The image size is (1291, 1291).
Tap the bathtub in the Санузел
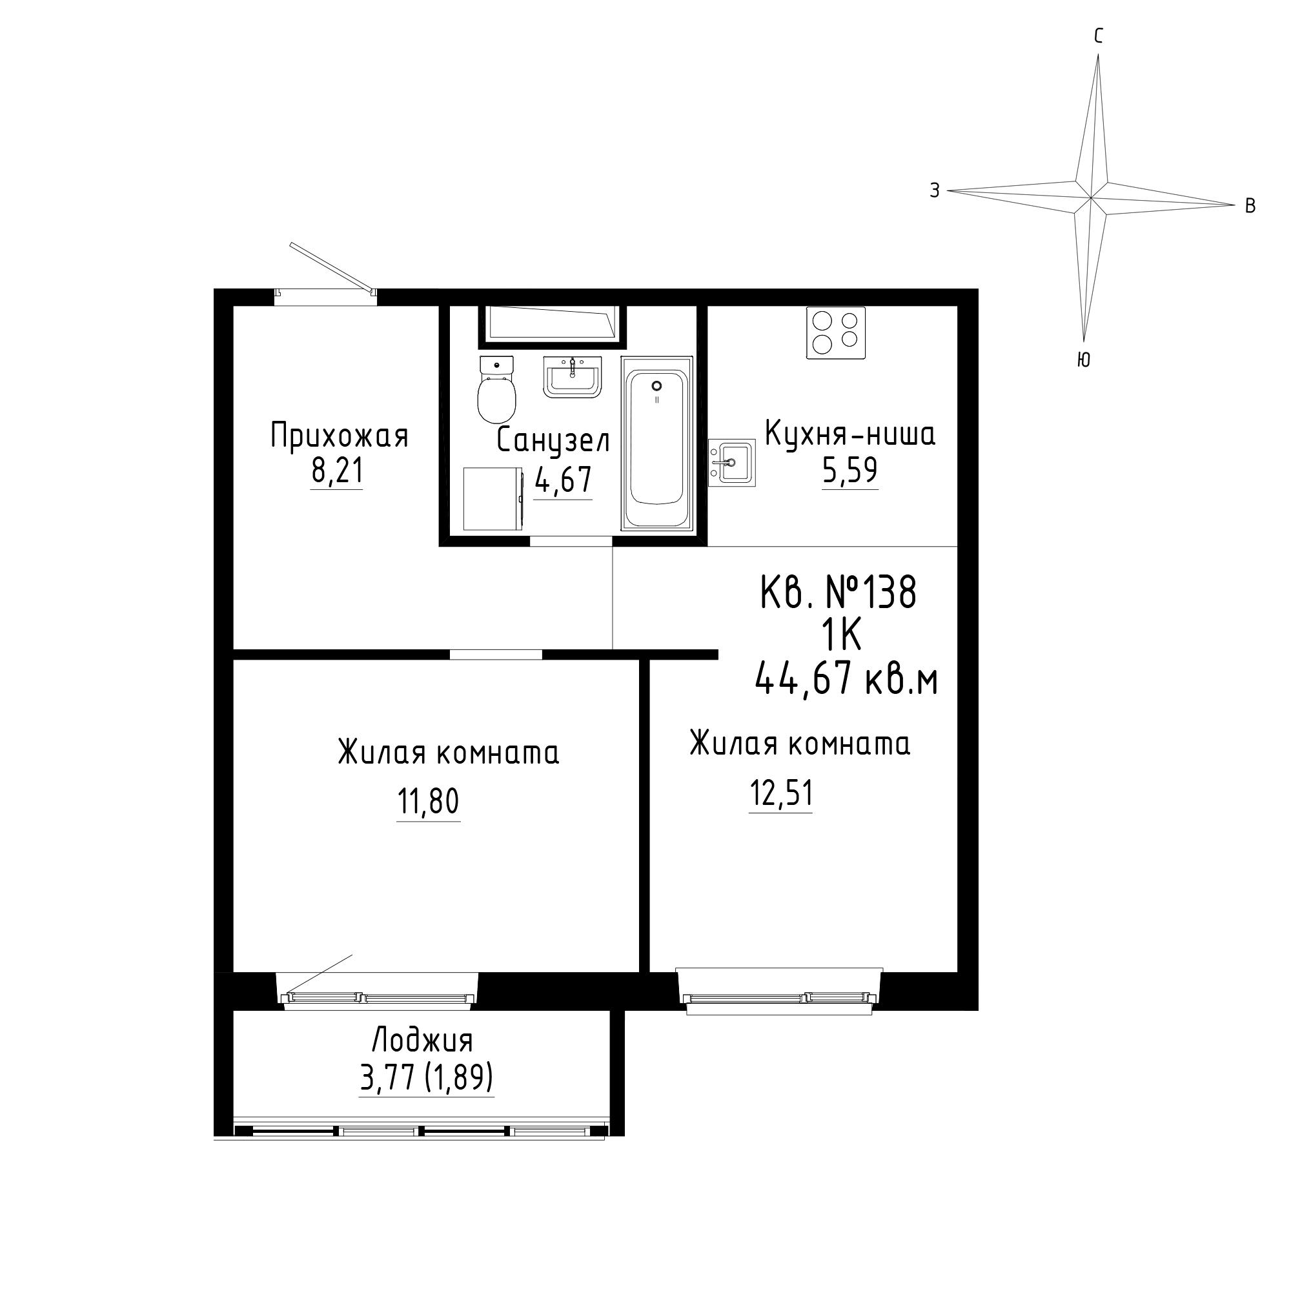coord(657,443)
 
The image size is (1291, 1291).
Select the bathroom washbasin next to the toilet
coord(573,377)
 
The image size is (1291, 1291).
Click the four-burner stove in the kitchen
coord(836,332)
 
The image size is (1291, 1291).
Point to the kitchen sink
coord(732,461)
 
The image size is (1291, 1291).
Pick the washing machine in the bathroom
coord(493,498)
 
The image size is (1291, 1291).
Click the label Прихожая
coord(339,436)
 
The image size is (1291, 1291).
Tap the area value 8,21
coord(337,471)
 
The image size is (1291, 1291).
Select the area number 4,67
coord(563,479)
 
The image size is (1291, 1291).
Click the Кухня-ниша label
coord(850,434)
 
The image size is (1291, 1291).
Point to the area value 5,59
coord(849,471)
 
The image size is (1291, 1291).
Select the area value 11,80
coord(429,802)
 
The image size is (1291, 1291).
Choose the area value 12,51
coord(780,794)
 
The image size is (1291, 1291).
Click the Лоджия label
coord(422,1041)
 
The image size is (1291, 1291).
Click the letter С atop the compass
coord(1099,37)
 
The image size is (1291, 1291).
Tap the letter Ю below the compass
coord(1084,360)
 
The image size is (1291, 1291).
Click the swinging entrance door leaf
coord(330,268)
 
